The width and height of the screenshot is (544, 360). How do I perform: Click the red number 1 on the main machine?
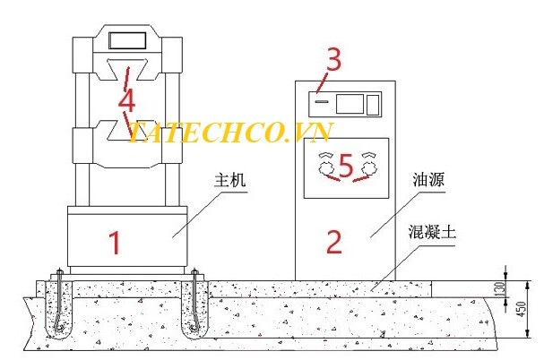115,243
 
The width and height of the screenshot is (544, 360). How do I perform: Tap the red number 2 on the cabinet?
334,242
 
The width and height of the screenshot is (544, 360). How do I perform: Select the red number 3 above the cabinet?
333,59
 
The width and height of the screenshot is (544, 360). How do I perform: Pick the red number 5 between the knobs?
346,166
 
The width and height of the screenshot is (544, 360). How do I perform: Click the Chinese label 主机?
230,180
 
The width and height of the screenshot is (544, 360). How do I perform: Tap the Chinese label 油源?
428,180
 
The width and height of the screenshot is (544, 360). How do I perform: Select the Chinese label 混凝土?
432,232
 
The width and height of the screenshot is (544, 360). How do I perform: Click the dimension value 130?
499,288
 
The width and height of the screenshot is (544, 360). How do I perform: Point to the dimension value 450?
521,309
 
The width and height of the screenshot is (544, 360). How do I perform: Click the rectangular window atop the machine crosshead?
127,41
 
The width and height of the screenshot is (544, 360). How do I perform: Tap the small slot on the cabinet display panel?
322,101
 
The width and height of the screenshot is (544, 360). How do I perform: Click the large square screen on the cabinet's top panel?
350,104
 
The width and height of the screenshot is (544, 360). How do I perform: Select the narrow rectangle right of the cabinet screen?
373,105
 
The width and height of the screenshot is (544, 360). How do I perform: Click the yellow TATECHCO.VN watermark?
230,132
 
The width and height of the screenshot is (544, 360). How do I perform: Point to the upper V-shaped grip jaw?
127,70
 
